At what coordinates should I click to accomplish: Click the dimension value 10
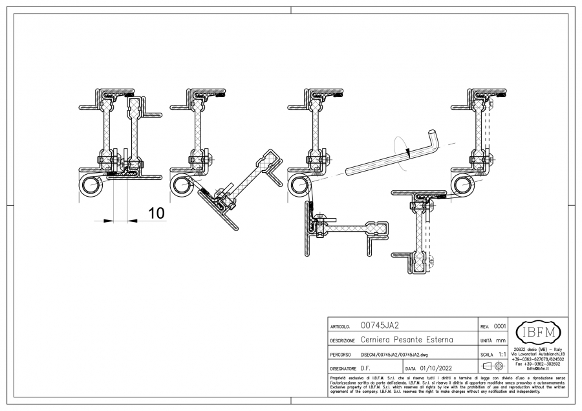[156, 212]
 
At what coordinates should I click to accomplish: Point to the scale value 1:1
[502, 355]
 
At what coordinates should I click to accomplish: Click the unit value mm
[501, 340]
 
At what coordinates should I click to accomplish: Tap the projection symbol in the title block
[493, 367]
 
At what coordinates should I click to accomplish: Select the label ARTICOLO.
[340, 327]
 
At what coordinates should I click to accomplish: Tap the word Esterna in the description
[440, 340]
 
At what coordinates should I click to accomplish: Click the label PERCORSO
[341, 355]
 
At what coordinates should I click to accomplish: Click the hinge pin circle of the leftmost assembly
[89, 185]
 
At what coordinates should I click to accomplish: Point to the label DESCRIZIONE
[343, 341]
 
